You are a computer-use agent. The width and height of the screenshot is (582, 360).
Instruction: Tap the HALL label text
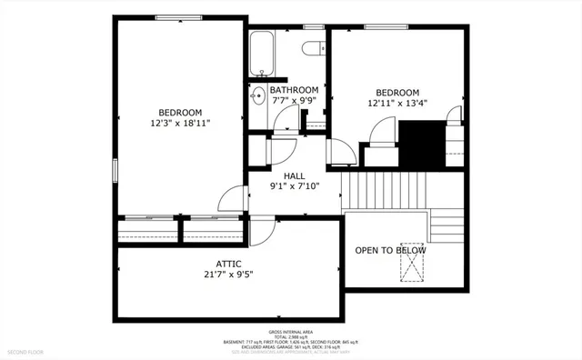coord(293,175)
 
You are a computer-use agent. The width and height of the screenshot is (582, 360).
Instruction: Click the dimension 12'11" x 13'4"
coord(398,104)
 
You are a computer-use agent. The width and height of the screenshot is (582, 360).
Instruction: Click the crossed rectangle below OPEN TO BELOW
coord(414,269)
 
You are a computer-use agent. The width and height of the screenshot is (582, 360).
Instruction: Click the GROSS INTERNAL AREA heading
coord(290,333)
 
